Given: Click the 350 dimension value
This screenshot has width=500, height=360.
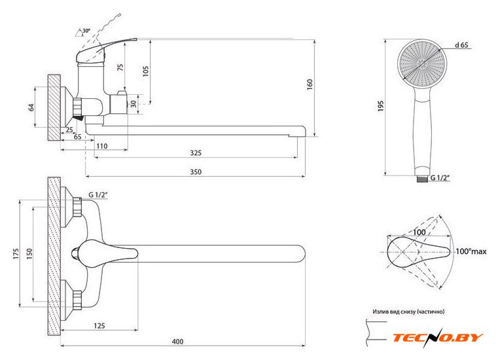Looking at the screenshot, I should (196, 171).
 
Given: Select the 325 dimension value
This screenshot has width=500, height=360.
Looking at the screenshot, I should (196, 153).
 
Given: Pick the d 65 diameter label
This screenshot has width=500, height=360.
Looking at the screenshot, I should (462, 45).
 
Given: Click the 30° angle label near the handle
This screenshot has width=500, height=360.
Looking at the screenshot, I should (86, 31).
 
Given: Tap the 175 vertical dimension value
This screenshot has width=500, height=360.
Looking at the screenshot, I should (15, 253).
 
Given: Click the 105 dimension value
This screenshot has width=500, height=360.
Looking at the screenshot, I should (145, 71).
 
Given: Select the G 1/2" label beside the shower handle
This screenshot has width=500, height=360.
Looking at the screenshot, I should (444, 177).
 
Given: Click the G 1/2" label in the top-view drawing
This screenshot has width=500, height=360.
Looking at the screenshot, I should (98, 195).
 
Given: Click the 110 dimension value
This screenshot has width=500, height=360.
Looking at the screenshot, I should (101, 145).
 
